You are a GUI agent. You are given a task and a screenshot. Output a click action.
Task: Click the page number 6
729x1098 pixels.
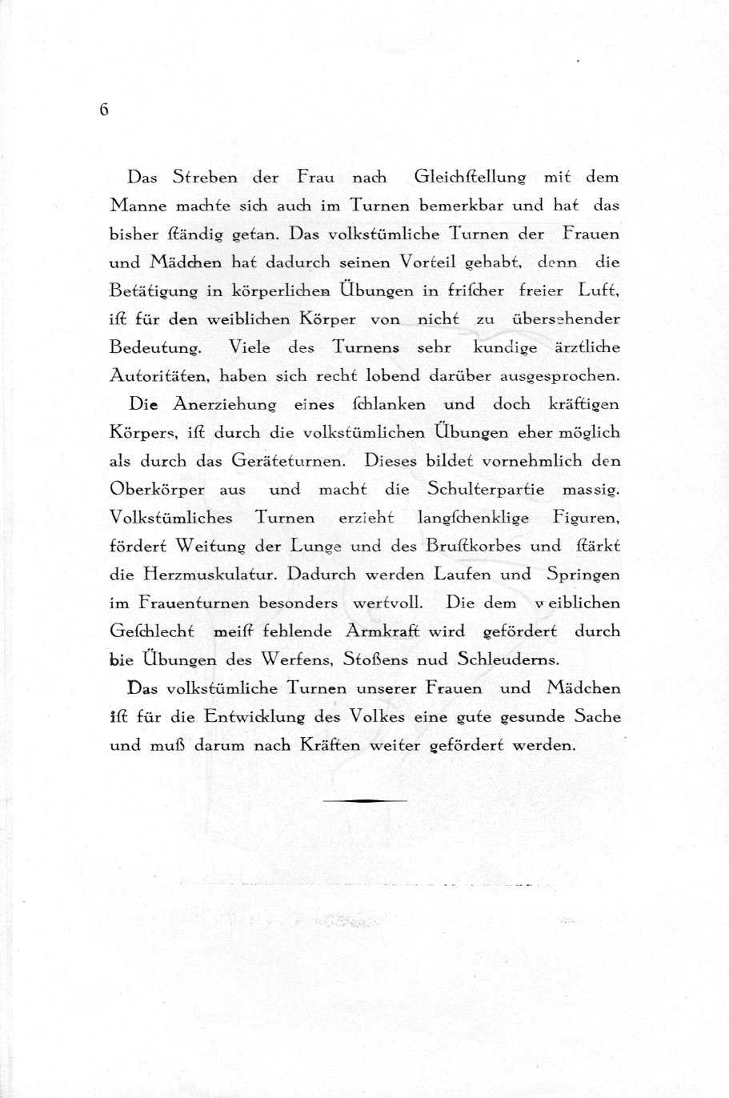(x=104, y=110)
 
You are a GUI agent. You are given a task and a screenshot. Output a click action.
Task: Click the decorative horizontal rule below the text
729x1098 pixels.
(x=365, y=800)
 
